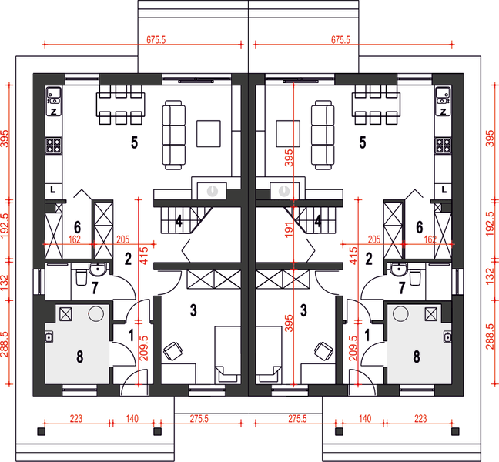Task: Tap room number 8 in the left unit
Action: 79,357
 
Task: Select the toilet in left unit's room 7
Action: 81,277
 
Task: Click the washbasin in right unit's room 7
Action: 397,269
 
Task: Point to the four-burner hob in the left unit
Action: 53,146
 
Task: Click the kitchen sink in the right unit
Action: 443,97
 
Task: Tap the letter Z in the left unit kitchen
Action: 53,112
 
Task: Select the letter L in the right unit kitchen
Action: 444,190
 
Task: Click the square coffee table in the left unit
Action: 209,134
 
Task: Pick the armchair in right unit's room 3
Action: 324,352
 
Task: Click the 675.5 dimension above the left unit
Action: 156,40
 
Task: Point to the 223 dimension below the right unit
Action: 420,418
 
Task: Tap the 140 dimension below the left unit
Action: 132,418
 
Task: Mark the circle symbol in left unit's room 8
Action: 95,313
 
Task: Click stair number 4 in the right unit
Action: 318,222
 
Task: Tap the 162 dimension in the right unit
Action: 430,239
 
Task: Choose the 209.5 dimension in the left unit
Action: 144,348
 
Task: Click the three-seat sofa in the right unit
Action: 323,135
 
